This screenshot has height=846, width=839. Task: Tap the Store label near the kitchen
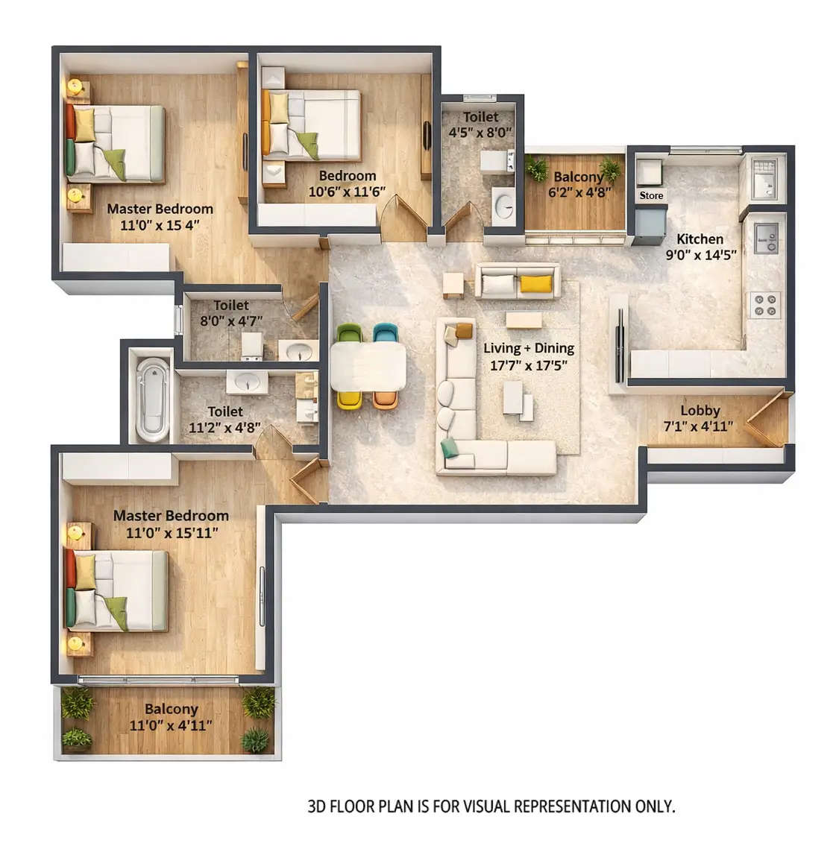(651, 195)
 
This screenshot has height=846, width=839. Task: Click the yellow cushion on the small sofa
(535, 283)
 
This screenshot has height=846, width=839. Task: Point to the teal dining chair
(386, 332)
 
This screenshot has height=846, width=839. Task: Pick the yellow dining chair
(349, 400)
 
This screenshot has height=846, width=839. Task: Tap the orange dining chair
(385, 400)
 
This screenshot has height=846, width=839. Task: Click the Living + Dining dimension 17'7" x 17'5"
(529, 365)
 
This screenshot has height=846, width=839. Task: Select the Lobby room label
(700, 410)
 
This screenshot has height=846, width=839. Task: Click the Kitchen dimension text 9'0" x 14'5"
(700, 255)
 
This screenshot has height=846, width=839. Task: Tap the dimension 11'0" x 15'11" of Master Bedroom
(172, 533)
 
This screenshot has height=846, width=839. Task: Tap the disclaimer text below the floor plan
(491, 806)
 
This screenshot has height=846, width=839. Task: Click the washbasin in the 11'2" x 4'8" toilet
(247, 382)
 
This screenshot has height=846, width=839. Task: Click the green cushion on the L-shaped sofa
(450, 447)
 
